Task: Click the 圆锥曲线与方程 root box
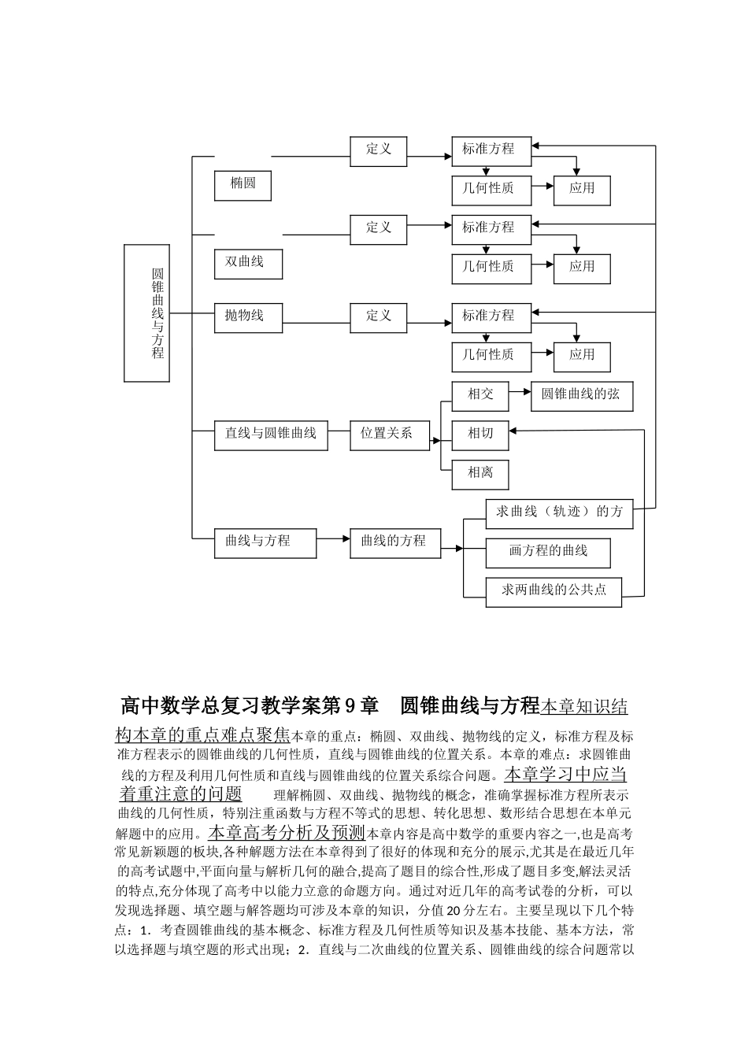(x=147, y=313)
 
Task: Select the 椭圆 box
(x=243, y=184)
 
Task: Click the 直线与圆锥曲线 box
(x=271, y=434)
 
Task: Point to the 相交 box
(x=480, y=394)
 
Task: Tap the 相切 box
(x=480, y=434)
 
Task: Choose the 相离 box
(x=480, y=473)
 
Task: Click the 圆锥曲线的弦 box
(x=582, y=394)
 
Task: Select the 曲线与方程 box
(x=265, y=542)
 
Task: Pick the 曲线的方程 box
(x=394, y=542)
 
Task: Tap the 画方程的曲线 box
(x=548, y=551)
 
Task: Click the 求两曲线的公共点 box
(x=554, y=590)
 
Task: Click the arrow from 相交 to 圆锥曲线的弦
(x=520, y=392)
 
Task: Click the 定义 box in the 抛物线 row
(x=379, y=316)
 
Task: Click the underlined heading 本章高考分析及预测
(x=286, y=833)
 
